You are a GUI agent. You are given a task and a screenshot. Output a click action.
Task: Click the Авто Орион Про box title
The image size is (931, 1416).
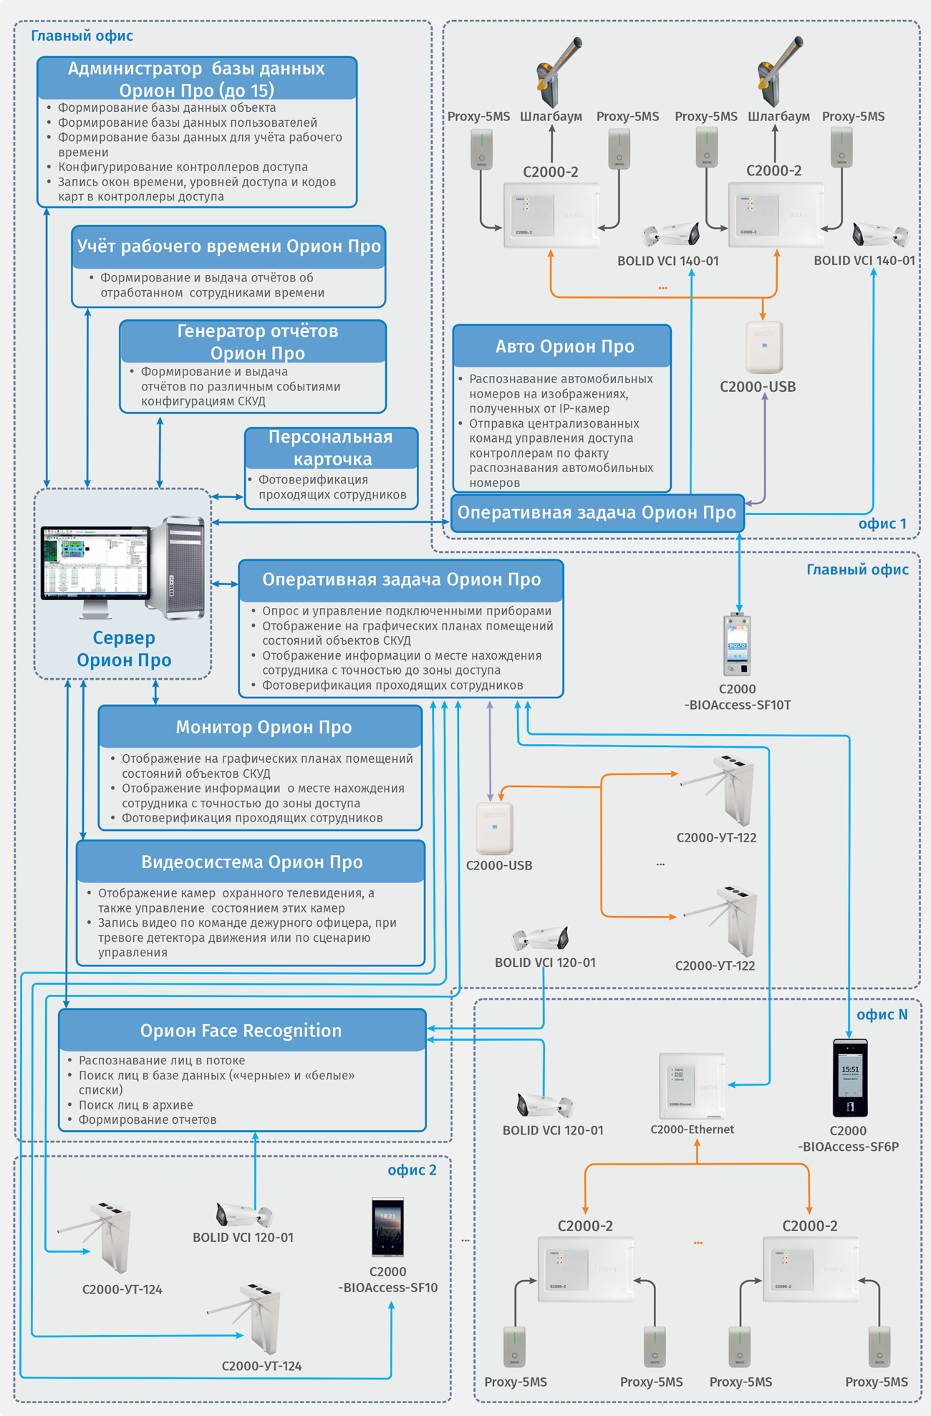(564, 347)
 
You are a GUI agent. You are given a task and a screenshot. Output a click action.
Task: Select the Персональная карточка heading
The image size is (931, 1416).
(331, 448)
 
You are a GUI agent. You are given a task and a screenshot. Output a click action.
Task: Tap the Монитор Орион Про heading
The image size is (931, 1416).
(264, 727)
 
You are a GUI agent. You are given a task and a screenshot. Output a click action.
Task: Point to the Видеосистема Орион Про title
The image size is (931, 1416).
(251, 862)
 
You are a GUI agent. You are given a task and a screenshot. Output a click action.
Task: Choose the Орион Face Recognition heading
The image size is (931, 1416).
(241, 1030)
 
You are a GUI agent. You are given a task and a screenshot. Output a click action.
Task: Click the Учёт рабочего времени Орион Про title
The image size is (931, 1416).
(229, 246)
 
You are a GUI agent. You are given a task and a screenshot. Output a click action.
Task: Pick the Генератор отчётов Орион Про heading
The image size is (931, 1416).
(257, 342)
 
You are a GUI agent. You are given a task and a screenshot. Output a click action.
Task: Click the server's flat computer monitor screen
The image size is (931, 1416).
(95, 563)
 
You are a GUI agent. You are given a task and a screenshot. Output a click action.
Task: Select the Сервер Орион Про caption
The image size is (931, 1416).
(124, 648)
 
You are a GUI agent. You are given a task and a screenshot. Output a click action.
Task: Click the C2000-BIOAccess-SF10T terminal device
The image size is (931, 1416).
(737, 645)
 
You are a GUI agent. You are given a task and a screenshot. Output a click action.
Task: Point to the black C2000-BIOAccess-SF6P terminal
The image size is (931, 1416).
(850, 1079)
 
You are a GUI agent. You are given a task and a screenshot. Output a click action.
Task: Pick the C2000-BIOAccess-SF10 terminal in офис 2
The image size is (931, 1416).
(387, 1228)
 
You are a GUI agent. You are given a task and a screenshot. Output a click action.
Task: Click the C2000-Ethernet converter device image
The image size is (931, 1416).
(692, 1085)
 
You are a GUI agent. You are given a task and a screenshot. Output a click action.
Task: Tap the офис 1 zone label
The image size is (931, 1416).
(882, 524)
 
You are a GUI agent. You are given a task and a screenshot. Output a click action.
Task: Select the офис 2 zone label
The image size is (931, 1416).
(412, 1170)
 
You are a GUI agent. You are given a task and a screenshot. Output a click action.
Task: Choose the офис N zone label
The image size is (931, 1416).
(882, 1014)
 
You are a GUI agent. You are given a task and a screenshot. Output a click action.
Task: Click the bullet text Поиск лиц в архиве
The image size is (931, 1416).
(136, 1104)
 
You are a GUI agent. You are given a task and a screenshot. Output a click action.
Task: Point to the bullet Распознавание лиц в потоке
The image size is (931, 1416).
(162, 1060)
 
